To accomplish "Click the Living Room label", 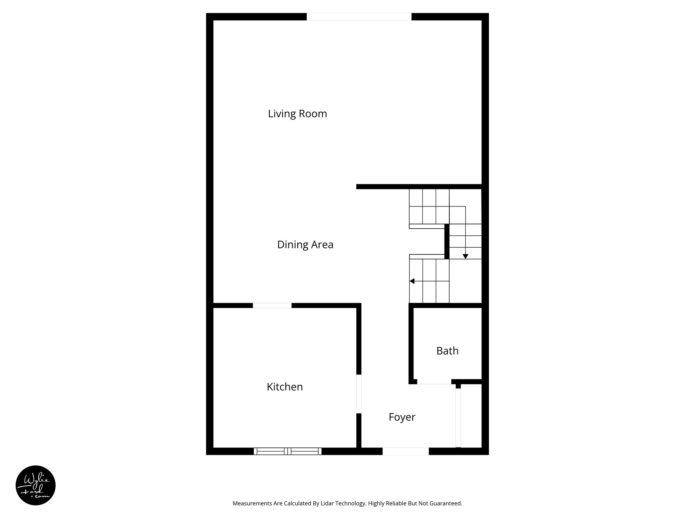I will point(297,114).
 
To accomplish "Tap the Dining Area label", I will point(305,245).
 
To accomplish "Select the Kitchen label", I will point(284,387).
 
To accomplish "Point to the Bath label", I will point(447,351).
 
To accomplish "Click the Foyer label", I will point(402,417).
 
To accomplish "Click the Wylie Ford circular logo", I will point(36,485).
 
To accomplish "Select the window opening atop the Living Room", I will point(359,17).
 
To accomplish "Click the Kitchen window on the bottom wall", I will point(287,451).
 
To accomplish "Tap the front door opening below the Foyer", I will point(406,451).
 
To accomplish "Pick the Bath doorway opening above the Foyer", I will point(434,382).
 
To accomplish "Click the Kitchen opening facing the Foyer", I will point(359,394).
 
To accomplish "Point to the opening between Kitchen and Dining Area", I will point(272,305).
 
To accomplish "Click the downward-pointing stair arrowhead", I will point(465,256).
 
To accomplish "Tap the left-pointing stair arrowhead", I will point(412,281).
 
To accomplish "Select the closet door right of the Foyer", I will point(458,418).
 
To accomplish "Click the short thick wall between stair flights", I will point(447,242).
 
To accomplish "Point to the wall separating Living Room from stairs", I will point(419,187).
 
